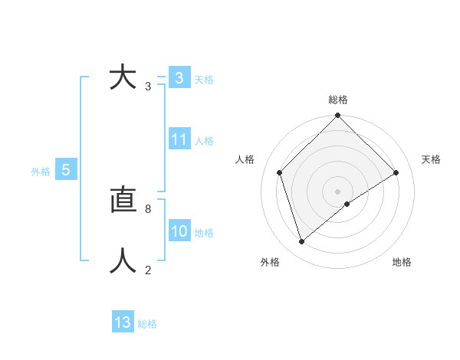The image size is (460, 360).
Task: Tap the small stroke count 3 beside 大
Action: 148,87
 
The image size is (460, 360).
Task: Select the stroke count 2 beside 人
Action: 148,270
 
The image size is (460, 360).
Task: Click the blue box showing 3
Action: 179,78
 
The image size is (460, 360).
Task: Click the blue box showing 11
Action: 179,139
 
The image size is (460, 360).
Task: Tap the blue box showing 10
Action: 179,231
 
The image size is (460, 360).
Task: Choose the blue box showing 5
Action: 66,170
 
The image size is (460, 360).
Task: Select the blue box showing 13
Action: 123,322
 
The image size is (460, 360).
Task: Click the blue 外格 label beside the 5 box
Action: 41,172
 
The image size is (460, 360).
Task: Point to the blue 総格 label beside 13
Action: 147,325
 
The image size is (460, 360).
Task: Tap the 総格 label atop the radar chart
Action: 338,100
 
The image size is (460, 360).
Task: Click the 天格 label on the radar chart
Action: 431,159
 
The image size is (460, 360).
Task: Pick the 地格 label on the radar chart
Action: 402,262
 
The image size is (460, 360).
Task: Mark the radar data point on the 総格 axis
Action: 338,116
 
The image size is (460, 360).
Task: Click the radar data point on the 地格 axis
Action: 347,204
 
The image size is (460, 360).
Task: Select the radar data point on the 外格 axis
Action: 301,242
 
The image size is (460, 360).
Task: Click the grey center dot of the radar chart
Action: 338,191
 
